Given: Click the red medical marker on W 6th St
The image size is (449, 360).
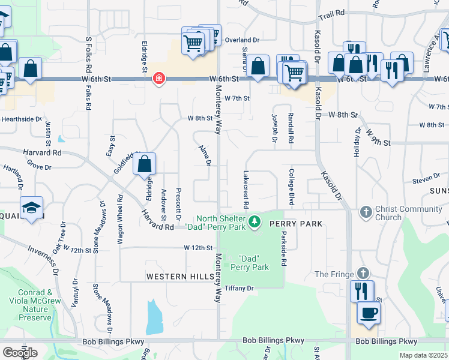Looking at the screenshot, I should click(158, 79).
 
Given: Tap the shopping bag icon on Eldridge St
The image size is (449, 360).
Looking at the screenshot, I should click(145, 164).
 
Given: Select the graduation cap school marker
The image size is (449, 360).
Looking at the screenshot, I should click(31, 208).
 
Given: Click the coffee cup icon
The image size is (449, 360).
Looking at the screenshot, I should click(369, 313).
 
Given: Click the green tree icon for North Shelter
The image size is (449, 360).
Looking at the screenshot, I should click(255, 223).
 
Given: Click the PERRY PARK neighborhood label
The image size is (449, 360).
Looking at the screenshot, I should click(296, 224).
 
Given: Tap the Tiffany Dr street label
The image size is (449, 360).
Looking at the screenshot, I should click(240, 288).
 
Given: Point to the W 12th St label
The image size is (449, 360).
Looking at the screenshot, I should click(199, 247).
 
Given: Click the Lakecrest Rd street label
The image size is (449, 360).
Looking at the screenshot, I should click(246, 188).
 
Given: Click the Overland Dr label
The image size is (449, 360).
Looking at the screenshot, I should click(242, 40).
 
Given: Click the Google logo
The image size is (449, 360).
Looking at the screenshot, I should click(20, 353).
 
